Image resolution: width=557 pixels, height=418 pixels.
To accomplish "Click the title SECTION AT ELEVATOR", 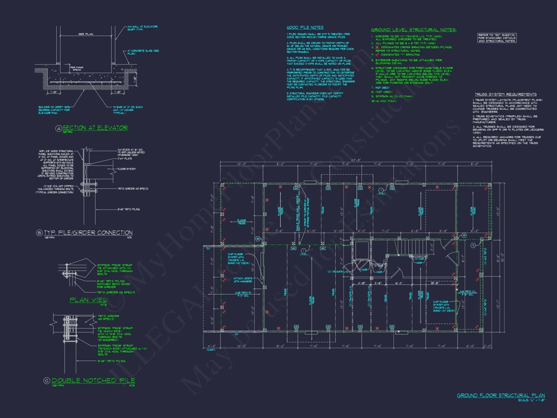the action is [x=95, y=128].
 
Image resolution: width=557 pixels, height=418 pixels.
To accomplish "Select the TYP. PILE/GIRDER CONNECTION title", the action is [x=88, y=233].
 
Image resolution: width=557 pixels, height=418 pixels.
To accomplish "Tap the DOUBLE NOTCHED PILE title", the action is [x=93, y=380].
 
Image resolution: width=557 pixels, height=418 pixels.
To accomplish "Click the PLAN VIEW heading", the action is [x=88, y=300].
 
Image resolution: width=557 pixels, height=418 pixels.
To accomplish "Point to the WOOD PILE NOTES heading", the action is [x=305, y=27].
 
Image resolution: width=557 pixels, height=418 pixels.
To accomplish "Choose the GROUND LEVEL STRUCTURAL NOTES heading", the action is [x=414, y=30].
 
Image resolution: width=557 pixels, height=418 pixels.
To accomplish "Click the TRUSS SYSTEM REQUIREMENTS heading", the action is [x=505, y=94].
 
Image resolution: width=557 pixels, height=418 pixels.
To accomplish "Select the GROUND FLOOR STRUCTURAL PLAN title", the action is [x=501, y=395].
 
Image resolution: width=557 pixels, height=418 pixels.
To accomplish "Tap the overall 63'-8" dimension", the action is [x=356, y=160].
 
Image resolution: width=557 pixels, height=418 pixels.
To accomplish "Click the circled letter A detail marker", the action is [x=58, y=128].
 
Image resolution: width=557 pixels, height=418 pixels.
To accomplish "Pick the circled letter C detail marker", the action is [x=47, y=381].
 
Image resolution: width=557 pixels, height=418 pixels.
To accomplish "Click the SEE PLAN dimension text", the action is [x=86, y=34].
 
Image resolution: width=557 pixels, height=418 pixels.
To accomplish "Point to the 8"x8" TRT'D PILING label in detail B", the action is [x=128, y=209].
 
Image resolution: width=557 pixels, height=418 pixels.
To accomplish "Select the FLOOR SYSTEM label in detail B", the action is [x=126, y=169].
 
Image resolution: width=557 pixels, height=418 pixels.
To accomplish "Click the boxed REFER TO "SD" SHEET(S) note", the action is [x=497, y=38].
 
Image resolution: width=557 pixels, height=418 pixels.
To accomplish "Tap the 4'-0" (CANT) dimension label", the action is [x=211, y=347].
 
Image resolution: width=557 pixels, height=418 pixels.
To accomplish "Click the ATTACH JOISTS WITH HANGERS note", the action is [x=243, y=280].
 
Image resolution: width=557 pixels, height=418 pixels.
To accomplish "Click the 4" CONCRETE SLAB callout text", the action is [x=143, y=52].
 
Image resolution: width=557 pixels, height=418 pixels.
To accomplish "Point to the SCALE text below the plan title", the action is [x=531, y=400].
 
